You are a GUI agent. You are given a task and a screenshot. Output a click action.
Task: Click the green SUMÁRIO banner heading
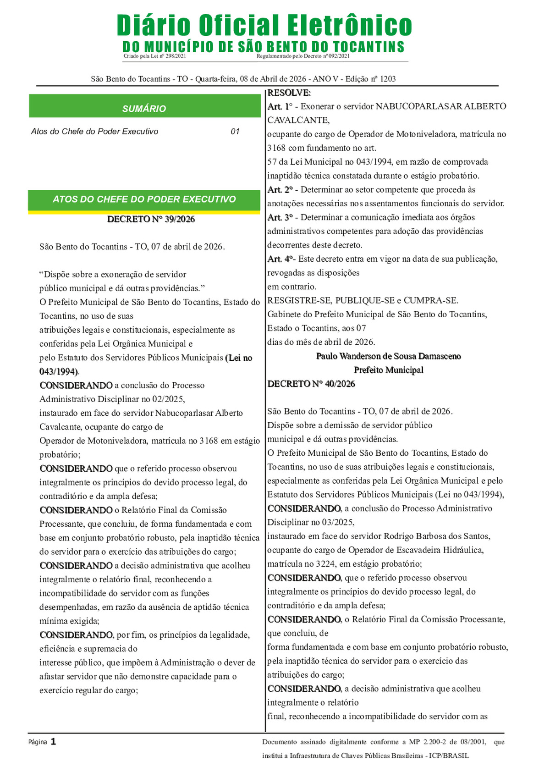144,109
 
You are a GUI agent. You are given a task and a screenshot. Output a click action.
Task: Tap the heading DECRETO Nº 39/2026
151,219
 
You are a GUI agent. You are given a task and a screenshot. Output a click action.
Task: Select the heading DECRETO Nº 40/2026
311,384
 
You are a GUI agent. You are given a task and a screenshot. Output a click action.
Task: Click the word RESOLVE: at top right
289,93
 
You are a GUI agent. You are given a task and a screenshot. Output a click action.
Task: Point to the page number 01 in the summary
235,132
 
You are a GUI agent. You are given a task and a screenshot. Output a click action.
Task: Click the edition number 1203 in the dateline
388,79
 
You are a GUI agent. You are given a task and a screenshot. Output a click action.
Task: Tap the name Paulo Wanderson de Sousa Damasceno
388,356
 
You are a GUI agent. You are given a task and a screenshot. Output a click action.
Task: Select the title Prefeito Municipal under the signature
388,370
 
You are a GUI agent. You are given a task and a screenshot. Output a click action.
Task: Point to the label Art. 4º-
281,259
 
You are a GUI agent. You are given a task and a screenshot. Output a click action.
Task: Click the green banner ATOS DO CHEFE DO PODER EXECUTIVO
144,199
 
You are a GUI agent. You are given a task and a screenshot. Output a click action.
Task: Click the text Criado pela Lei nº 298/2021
155,56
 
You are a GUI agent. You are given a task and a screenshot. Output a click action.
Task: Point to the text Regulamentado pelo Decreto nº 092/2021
303,56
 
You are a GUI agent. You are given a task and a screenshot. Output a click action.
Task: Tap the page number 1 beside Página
53,741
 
